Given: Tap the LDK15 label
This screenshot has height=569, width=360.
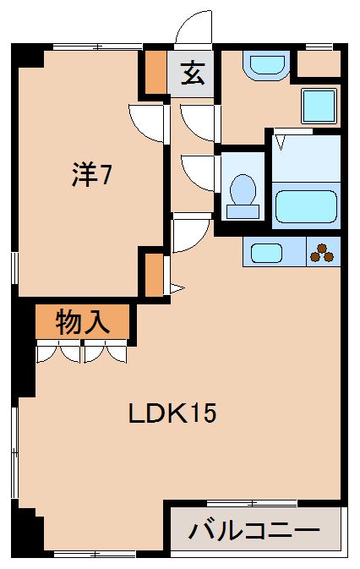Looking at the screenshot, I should pyautogui.click(x=172, y=414).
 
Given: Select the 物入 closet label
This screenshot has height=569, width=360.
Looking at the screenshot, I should pyautogui.click(x=82, y=321).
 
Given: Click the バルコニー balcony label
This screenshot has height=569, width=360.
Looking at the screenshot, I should pyautogui.click(x=254, y=531).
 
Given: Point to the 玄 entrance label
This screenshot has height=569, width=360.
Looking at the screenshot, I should pyautogui.click(x=193, y=74).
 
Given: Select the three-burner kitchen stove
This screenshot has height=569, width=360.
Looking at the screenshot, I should pyautogui.click(x=322, y=251).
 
